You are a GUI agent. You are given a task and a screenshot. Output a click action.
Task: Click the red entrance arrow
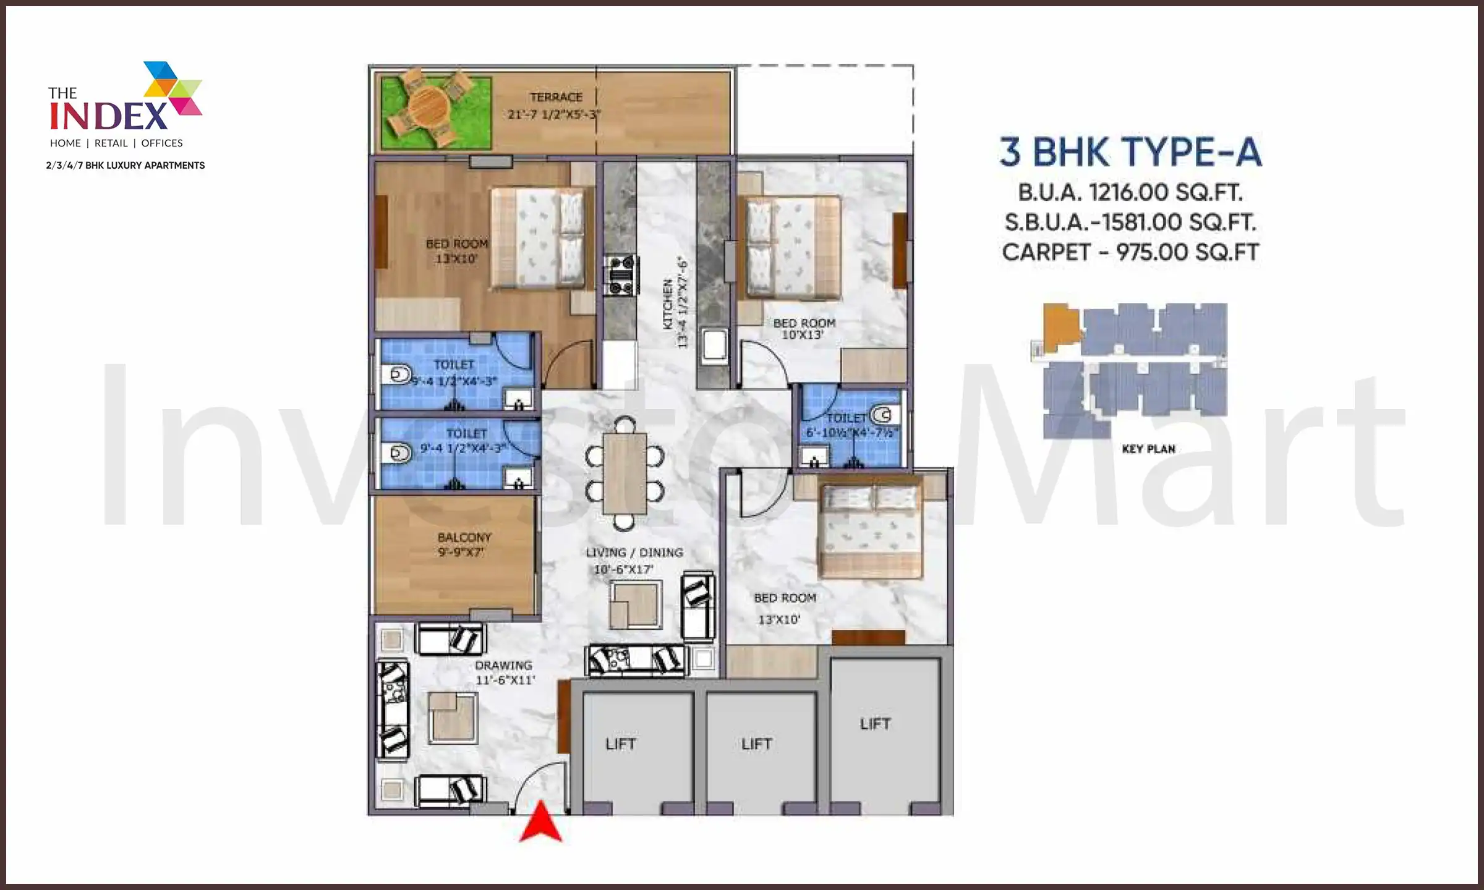(x=540, y=824)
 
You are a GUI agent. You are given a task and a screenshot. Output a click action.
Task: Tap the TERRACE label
(x=556, y=98)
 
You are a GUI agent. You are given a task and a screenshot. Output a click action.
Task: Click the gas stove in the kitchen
(x=621, y=275)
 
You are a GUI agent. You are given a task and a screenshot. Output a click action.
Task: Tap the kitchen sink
(x=715, y=345)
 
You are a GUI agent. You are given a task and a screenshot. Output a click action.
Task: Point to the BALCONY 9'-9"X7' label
(x=464, y=545)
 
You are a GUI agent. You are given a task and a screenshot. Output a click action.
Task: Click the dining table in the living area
(x=625, y=473)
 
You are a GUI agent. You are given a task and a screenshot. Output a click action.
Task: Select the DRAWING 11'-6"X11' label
(x=504, y=672)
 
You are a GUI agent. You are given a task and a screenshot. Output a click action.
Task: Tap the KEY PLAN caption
(x=1148, y=449)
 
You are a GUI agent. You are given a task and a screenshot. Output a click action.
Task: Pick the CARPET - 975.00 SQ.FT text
(x=1130, y=252)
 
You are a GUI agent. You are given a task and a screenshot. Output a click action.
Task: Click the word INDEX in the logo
(x=109, y=116)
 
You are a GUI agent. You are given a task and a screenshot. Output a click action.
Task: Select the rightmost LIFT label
(x=875, y=724)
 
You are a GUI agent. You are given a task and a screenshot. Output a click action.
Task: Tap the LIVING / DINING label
(x=634, y=553)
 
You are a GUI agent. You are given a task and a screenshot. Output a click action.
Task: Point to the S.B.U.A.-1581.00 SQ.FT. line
(x=1130, y=222)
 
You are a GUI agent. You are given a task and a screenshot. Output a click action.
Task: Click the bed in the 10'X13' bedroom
(x=793, y=247)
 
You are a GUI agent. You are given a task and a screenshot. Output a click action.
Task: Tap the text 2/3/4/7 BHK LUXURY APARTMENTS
(x=126, y=166)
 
